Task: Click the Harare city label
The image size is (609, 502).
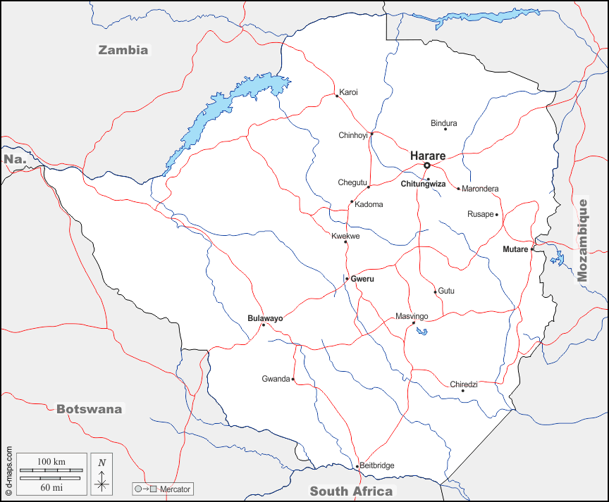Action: coord(428,154)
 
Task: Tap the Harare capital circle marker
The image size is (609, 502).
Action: coord(427,165)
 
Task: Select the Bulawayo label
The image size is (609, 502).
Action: coord(265,318)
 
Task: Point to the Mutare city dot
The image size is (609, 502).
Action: coord(533,249)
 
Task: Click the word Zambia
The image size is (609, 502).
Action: coord(123,50)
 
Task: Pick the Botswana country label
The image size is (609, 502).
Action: coord(89,409)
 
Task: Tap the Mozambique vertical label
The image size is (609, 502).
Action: coord(582,240)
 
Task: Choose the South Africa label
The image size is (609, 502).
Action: coord(351,491)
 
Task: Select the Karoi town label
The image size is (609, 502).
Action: coord(348,92)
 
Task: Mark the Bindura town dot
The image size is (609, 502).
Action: coord(445,129)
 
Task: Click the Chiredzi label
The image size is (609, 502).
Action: coord(464,384)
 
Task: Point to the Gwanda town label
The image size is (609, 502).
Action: coord(276,379)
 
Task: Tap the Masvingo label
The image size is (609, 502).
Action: coord(412,316)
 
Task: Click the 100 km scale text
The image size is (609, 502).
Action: coord(51,461)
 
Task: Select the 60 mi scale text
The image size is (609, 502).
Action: coord(51,487)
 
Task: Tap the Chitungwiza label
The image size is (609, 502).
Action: coord(423,184)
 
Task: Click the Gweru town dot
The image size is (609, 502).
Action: coord(347,279)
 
